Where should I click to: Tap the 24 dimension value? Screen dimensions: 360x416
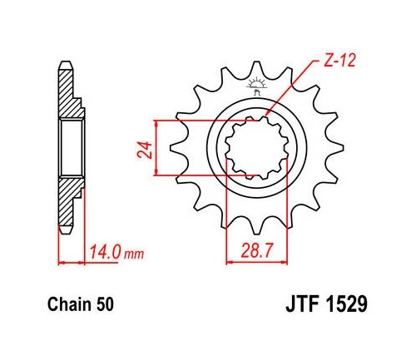click(143, 150)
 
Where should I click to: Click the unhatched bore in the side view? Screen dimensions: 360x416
click(72, 148)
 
